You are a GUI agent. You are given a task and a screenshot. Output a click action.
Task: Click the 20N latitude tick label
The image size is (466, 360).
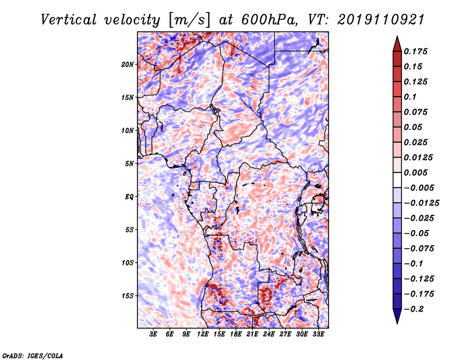(128, 64)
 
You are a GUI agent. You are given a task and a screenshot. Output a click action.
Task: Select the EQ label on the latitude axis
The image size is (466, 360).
(129, 196)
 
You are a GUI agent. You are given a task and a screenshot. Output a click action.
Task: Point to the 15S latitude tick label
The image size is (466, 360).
(128, 295)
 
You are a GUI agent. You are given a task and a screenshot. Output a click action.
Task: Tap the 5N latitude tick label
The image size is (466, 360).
(129, 164)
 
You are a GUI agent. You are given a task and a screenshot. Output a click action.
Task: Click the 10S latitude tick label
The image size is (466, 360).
(128, 263)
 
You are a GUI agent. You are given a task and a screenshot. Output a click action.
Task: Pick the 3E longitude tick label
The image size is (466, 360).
(154, 335)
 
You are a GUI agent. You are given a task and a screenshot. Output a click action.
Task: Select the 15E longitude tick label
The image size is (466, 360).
(220, 335)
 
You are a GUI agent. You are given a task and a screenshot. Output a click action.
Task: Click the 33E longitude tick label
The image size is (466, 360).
(318, 335)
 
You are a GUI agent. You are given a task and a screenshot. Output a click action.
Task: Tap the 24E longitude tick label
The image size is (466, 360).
(269, 335)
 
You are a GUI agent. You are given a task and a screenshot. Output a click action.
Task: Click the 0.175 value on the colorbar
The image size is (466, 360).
(418, 51)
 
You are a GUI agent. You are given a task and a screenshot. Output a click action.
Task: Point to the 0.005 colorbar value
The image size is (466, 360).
(418, 172)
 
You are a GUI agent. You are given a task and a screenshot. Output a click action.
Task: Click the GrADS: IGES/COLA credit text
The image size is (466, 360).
(32, 355)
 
